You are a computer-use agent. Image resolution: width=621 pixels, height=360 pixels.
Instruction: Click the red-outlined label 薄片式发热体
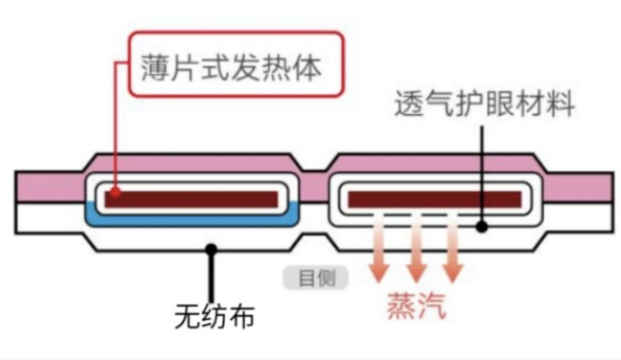click(x=232, y=67)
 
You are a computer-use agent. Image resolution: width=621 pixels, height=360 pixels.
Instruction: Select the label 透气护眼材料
click(x=484, y=104)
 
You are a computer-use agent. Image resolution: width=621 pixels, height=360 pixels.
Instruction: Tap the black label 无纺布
click(x=216, y=314)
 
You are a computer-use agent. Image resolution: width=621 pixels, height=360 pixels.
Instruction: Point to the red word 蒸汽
click(x=415, y=305)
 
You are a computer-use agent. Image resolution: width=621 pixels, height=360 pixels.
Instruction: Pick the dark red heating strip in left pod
click(x=194, y=199)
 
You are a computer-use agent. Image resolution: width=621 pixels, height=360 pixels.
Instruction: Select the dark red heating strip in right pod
click(x=435, y=199)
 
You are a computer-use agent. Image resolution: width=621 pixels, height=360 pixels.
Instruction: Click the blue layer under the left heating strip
click(x=195, y=222)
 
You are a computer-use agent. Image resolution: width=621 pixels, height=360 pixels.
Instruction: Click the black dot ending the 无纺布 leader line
click(x=211, y=249)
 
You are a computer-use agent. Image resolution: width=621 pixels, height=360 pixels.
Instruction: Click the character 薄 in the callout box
click(x=157, y=67)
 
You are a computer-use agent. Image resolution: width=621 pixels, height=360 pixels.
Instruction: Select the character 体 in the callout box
click(x=310, y=67)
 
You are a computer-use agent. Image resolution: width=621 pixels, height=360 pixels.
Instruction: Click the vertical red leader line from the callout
click(x=114, y=123)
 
